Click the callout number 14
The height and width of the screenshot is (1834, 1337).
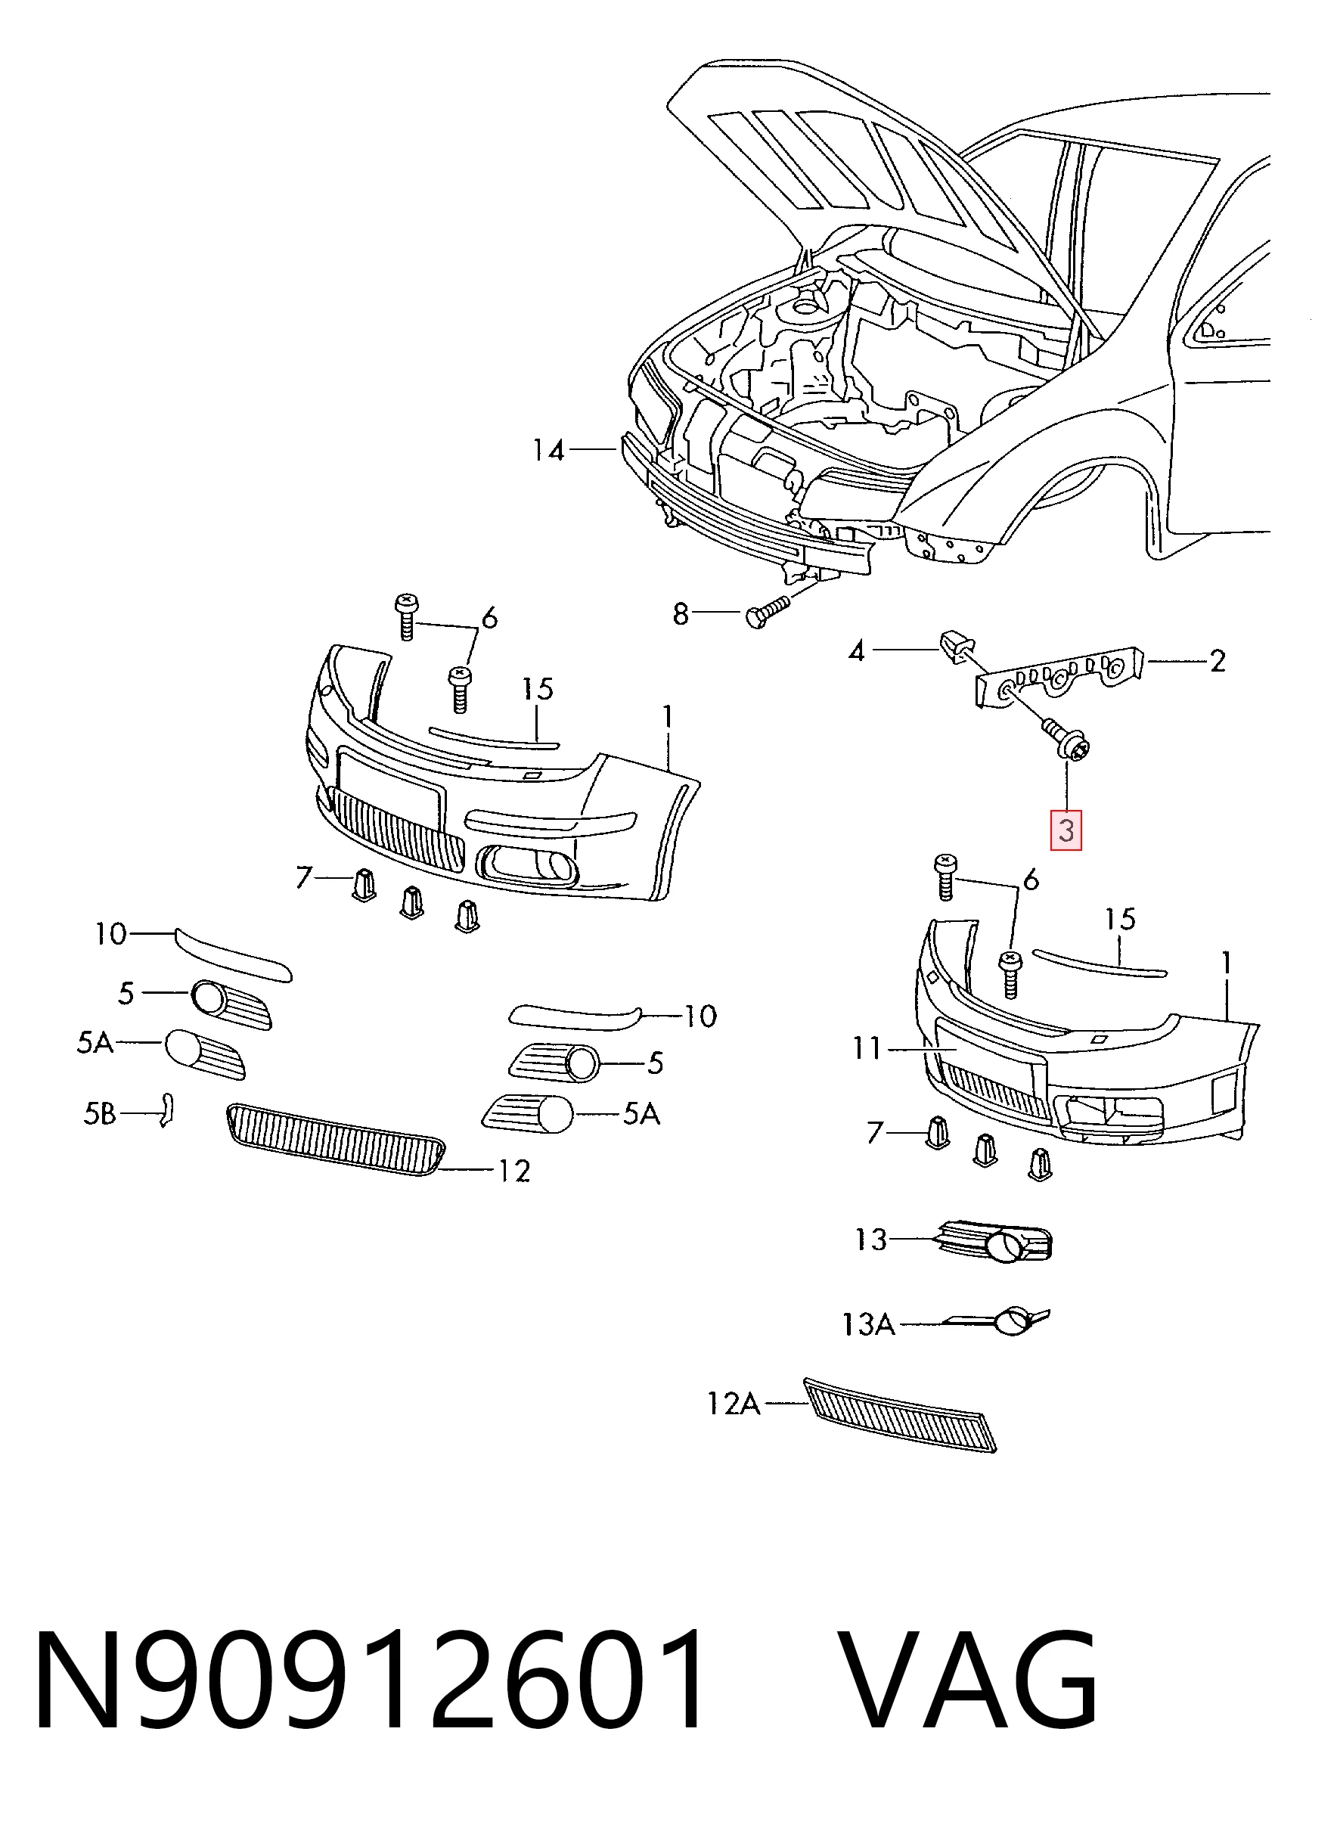click(548, 450)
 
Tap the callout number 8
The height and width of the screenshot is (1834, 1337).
click(681, 614)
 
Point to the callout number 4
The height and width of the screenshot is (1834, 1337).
click(856, 650)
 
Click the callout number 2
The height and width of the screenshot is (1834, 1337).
click(1218, 662)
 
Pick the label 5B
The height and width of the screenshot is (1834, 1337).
click(100, 1115)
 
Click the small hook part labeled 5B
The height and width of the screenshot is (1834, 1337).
click(166, 1109)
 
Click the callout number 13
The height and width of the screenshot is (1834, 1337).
click(871, 1240)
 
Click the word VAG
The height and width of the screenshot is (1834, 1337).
click(967, 1680)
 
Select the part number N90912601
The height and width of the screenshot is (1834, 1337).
click(369, 1680)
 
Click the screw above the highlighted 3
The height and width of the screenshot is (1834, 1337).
click(1065, 738)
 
